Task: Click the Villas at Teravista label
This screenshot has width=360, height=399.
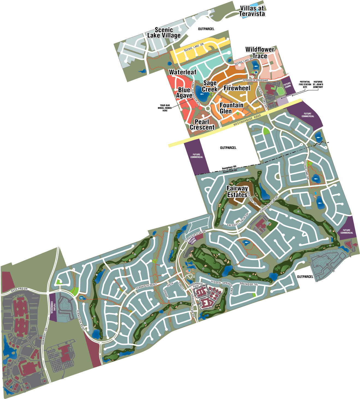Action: point(252,11)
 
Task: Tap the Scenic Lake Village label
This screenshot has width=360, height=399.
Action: point(164,33)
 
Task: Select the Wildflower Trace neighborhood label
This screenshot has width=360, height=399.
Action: point(260,53)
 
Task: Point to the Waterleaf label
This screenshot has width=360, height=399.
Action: point(183,72)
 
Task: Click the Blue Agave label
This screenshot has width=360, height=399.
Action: point(184,93)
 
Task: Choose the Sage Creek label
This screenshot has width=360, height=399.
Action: point(210,86)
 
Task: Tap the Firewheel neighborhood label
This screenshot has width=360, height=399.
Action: point(237,88)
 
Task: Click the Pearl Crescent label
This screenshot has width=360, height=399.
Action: point(202,125)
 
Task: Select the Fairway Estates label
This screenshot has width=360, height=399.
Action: point(237,191)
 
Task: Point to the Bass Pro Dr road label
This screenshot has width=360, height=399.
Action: point(19,290)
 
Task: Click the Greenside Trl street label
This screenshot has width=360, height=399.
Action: point(249,284)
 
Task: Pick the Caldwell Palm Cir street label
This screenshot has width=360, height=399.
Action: point(238,220)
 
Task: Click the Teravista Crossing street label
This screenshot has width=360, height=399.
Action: point(255,80)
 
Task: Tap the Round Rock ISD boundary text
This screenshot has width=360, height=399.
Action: point(230,171)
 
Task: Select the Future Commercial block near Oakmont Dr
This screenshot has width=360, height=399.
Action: point(53,307)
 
